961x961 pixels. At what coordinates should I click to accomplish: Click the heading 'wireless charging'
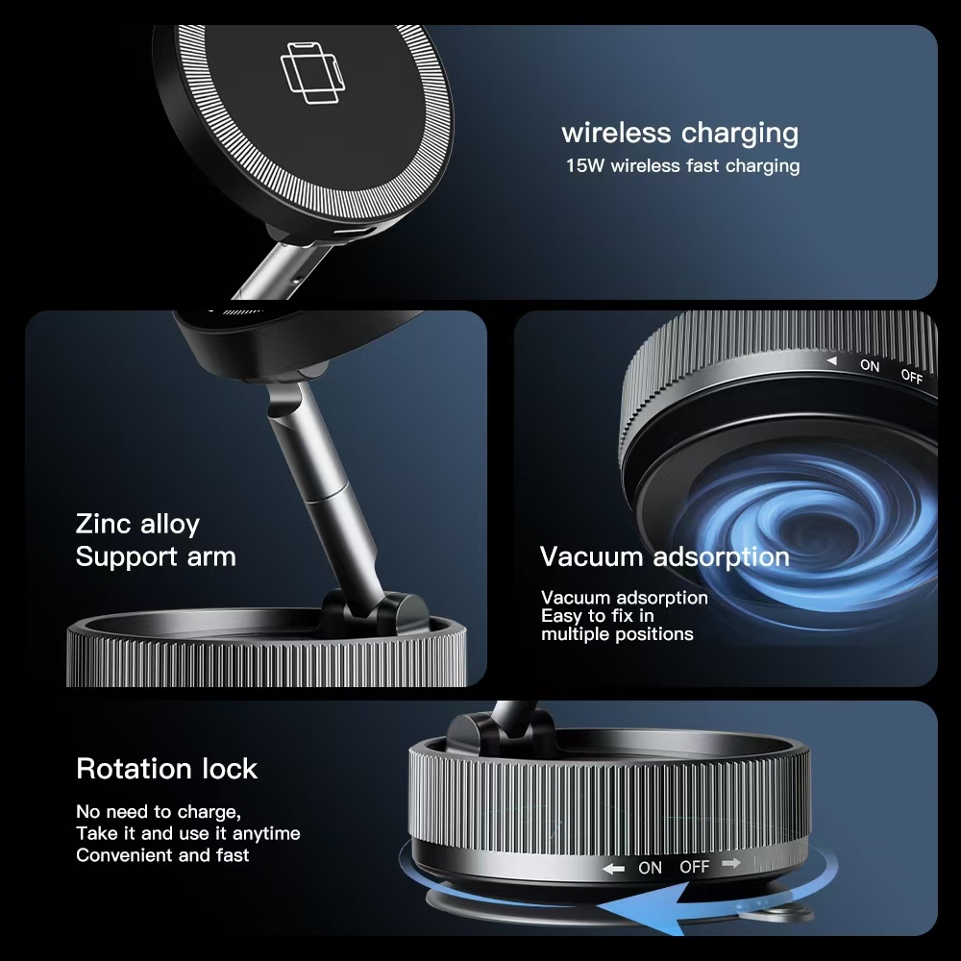[x=679, y=134]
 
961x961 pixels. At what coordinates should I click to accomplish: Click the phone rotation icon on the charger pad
[x=312, y=73]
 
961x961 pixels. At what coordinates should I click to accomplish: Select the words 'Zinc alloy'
[x=137, y=525]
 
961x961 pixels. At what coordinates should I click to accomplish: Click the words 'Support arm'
[x=156, y=557]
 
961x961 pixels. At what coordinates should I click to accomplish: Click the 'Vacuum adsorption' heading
[x=664, y=556]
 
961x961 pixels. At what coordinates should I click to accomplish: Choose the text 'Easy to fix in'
[x=598, y=615]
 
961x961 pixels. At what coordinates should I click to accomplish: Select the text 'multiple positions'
[x=617, y=633]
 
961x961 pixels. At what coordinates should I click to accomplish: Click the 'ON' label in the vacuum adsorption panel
[x=870, y=365]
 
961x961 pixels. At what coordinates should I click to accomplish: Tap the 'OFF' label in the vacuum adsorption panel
[x=912, y=376]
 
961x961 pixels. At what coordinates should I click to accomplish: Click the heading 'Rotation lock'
[x=166, y=769]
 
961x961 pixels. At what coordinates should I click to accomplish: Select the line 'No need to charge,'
[x=159, y=812]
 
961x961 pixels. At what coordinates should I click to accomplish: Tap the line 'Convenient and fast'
[x=162, y=855]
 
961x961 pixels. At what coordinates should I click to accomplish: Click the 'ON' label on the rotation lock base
[x=650, y=868]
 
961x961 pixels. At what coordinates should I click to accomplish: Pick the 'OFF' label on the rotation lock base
[x=695, y=867]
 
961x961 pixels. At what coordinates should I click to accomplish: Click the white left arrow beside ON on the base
[x=613, y=869]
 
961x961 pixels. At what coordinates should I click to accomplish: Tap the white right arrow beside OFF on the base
[x=731, y=864]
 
